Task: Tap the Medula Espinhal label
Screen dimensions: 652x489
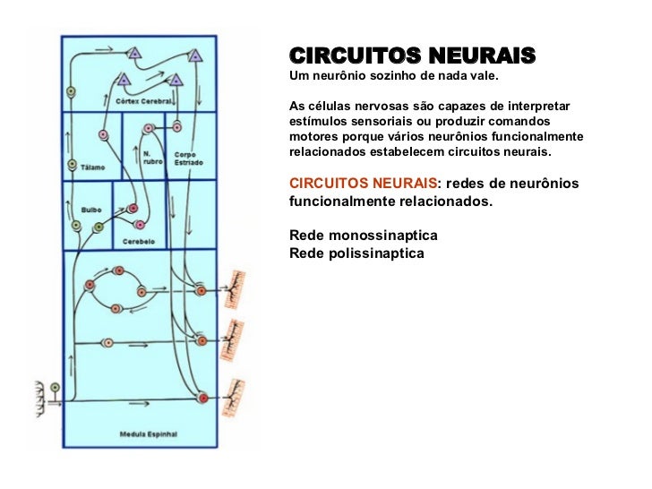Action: pyautogui.click(x=149, y=435)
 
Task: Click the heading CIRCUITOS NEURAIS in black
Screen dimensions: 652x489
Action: pyautogui.click(x=412, y=56)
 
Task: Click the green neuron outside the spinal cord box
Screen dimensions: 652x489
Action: pyautogui.click(x=56, y=388)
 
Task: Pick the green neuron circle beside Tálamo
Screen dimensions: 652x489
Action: pyautogui.click(x=73, y=165)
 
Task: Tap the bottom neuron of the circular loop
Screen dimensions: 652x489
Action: pyautogui.click(x=117, y=308)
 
